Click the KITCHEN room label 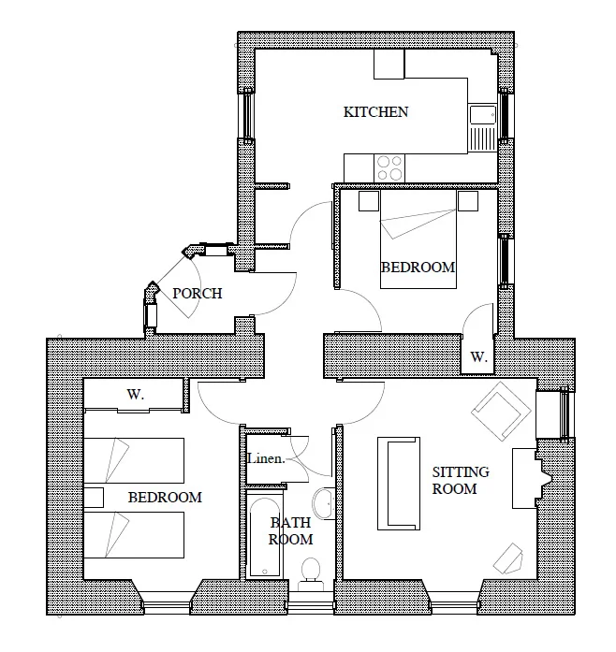pos(375,112)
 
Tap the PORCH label pos(198,294)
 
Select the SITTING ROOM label pos(460,480)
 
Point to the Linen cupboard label pos(266,458)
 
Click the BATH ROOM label pos(290,530)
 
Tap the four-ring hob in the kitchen pos(389,168)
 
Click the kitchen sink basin pos(482,115)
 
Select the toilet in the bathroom pos(311,573)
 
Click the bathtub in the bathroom pos(265,537)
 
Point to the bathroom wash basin pos(323,503)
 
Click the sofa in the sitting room pos(398,484)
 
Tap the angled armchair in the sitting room pos(501,411)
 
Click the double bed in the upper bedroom pos(418,249)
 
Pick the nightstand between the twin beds pos(94,498)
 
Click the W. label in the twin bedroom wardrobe pos(136,394)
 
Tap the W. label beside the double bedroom pos(478,356)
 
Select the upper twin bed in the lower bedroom pos(134,460)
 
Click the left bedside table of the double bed pos(369,201)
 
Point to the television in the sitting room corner pos(507,558)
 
